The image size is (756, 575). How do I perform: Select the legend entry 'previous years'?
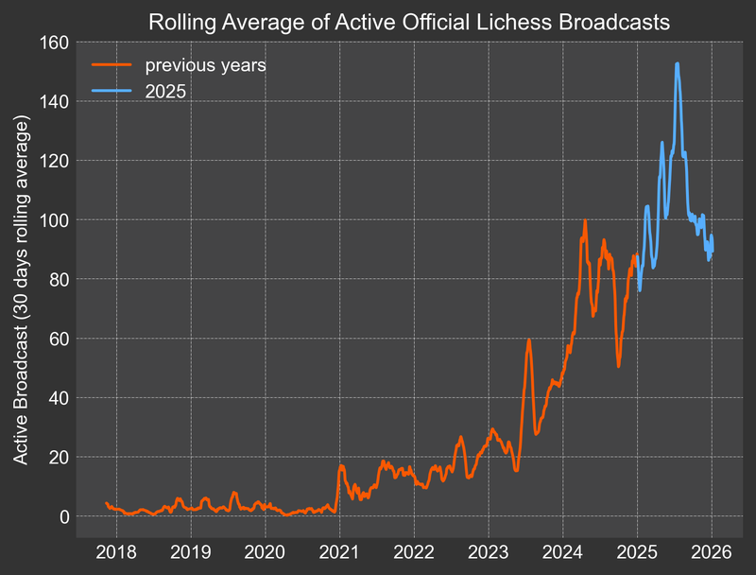(x=204, y=66)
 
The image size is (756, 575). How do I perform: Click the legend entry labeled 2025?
(x=166, y=93)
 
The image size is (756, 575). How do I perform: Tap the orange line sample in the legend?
(x=111, y=66)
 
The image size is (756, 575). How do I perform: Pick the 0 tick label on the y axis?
(x=64, y=516)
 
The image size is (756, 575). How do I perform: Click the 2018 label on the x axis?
(x=116, y=550)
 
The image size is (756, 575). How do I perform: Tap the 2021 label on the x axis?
(x=339, y=550)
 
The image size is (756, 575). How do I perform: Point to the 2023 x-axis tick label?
(x=489, y=550)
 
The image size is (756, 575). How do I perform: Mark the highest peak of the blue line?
(x=677, y=63)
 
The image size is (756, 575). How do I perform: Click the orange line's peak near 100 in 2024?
(x=585, y=220)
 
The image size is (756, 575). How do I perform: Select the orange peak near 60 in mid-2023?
(x=529, y=340)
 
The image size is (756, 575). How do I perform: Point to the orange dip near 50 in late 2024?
(x=618, y=366)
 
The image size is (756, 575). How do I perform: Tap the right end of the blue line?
(x=713, y=250)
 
